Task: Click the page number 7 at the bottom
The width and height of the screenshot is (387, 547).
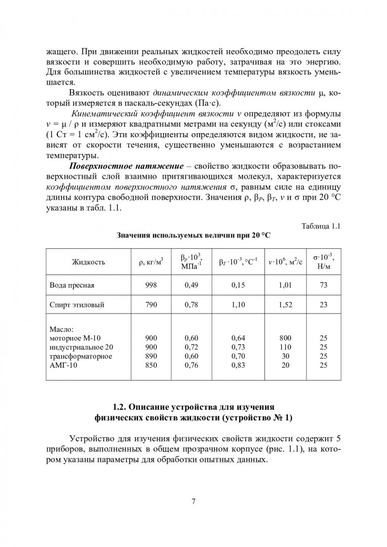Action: point(193,501)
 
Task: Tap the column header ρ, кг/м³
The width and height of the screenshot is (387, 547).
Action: point(151,262)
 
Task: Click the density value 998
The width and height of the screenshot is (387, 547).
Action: point(151,285)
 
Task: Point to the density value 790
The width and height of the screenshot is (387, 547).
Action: point(151,305)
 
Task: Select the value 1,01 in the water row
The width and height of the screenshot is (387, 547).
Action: point(286,285)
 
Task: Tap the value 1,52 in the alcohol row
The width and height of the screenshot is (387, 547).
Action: point(286,305)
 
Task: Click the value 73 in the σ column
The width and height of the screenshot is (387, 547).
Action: point(324,285)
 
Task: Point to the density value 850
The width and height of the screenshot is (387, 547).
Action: point(151,365)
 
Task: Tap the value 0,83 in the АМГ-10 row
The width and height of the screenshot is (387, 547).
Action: point(238,365)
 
